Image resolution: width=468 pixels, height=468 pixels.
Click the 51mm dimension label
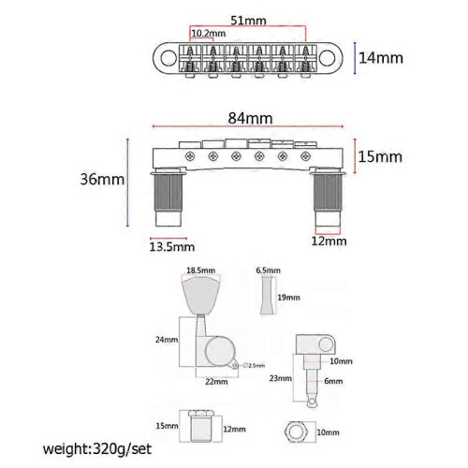point(248,21)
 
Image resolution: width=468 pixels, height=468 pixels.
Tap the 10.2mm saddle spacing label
point(209,33)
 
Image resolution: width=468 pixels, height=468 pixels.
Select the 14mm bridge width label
point(381,58)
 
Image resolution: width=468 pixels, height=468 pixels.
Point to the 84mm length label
point(250,118)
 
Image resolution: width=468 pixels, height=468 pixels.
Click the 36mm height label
point(102,179)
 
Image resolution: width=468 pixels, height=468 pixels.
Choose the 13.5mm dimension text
point(172,247)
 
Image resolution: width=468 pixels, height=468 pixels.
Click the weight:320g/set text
point(97,449)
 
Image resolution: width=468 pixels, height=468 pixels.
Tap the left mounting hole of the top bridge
point(168,58)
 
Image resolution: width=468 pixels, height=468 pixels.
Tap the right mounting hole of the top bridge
point(328,58)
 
